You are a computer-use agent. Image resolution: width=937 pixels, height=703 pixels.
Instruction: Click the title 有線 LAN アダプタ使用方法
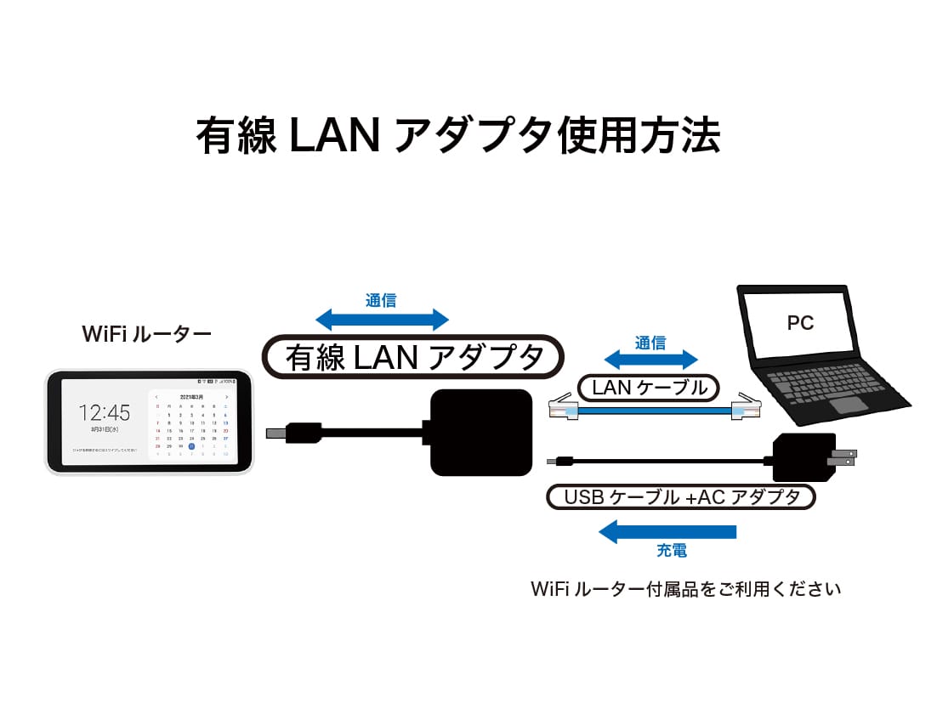coord(458,135)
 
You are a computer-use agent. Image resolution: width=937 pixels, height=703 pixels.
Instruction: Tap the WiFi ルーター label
coord(146,334)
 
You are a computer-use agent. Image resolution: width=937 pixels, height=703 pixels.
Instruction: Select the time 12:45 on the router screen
coord(105,414)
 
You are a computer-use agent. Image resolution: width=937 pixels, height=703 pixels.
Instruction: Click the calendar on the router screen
coord(192,424)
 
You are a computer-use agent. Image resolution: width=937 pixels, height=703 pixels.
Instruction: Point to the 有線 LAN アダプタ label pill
coord(413,357)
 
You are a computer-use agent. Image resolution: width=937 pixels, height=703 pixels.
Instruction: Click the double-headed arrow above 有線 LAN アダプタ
coord(382,320)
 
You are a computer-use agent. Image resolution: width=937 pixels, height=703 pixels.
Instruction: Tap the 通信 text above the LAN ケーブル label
coord(650,343)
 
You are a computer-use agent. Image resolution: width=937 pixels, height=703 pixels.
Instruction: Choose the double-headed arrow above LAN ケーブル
coord(650,360)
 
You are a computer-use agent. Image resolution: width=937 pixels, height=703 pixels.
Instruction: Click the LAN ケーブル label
coord(650,388)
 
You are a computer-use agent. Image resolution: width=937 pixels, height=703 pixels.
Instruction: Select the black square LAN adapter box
coord(481,432)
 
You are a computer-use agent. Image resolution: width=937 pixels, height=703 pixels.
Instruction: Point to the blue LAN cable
coord(650,411)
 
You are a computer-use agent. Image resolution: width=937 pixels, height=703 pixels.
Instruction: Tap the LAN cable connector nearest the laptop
coord(746,409)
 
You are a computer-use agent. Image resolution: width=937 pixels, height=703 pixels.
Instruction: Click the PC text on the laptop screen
coord(799,323)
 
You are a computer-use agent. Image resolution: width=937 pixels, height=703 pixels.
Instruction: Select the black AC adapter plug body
coord(800,460)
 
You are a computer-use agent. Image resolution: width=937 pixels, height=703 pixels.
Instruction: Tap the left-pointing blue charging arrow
coord(667,532)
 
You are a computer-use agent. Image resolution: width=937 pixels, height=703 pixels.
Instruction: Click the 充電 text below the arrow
coord(672,551)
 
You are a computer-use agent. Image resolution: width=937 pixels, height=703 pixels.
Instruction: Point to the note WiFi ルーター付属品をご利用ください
coord(685,588)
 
